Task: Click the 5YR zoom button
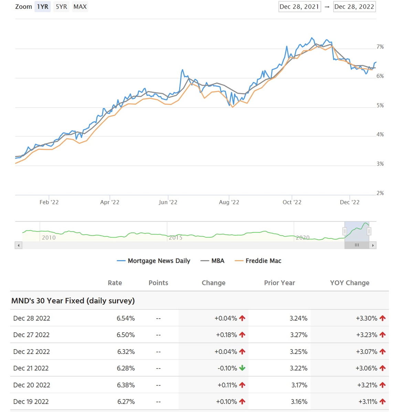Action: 61,7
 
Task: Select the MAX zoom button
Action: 80,7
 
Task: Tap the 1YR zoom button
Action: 43,7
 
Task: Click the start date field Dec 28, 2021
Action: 299,7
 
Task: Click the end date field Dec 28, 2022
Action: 354,7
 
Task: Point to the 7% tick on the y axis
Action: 380,47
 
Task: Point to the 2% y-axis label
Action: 380,193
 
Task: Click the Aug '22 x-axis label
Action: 229,202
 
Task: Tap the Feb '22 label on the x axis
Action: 49,202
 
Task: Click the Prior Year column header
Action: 279,283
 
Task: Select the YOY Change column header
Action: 350,283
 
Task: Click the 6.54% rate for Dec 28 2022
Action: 126,318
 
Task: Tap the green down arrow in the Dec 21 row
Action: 242,368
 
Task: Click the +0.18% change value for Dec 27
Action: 226,335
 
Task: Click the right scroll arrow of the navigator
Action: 373,245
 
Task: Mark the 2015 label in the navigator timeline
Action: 175,238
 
